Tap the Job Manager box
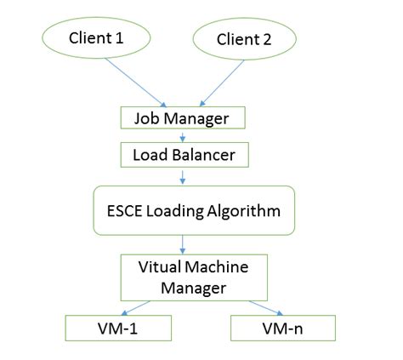pos(182,117)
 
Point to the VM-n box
pos(283,327)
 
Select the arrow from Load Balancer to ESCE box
pos(182,177)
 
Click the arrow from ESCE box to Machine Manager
pos(182,243)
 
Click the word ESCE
pos(125,211)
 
